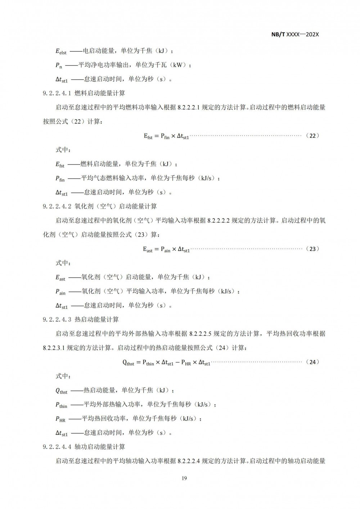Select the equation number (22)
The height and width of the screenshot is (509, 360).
click(x=312, y=136)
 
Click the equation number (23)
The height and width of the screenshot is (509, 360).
click(x=312, y=249)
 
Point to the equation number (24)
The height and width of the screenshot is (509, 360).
click(x=312, y=362)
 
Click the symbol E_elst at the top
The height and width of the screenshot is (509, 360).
click(x=61, y=51)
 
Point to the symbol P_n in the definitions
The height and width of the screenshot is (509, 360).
click(x=59, y=66)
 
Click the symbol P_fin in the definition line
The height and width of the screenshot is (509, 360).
click(x=60, y=179)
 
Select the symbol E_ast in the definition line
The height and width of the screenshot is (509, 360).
click(x=60, y=278)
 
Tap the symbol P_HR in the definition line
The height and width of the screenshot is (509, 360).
click(x=60, y=419)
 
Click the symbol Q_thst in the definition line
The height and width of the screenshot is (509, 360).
click(x=61, y=391)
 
